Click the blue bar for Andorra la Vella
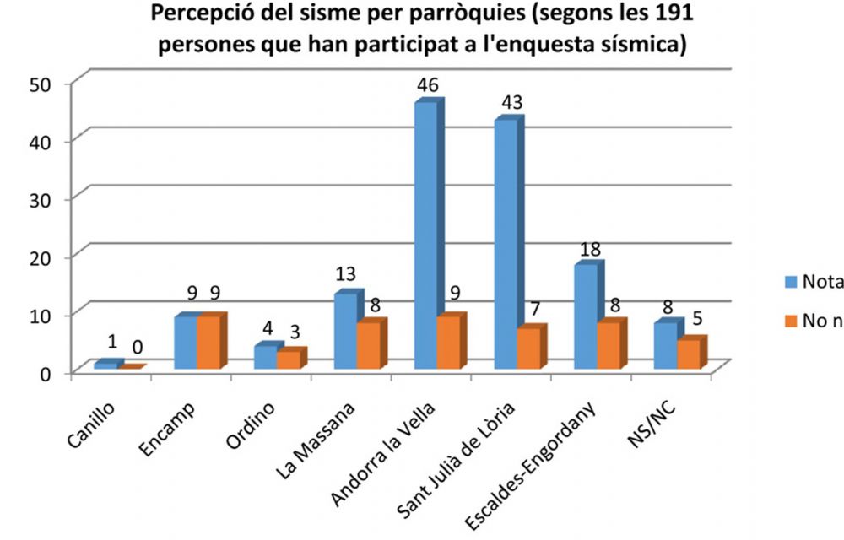coord(425,236)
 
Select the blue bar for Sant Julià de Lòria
coord(506,245)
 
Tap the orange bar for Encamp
coord(208,342)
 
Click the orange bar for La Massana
coord(368,345)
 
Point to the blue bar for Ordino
coord(265,357)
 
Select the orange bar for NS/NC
coord(689,354)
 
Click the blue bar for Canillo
coord(105,365)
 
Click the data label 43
coord(510,102)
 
